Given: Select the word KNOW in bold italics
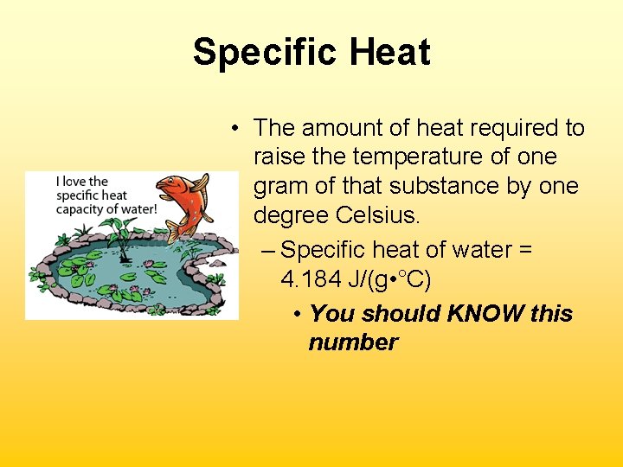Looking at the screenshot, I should click(482, 313).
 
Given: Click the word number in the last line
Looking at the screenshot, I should click(353, 342).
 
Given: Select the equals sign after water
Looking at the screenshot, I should click(525, 251).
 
